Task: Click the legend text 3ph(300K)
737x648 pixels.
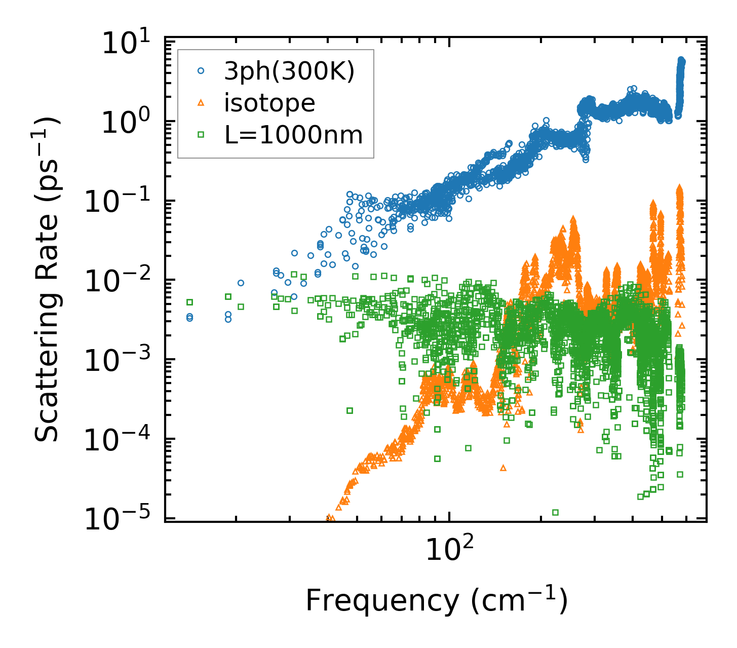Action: [x=289, y=72]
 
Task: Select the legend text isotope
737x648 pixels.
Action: [x=269, y=103]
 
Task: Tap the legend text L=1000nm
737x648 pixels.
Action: [x=293, y=135]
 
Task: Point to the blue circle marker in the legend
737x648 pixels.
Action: [x=201, y=72]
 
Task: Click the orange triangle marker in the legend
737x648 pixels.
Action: [x=201, y=103]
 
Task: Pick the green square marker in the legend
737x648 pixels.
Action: [x=201, y=135]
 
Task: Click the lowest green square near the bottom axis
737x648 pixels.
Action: [x=555, y=512]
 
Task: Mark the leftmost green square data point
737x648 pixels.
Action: [x=190, y=302]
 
